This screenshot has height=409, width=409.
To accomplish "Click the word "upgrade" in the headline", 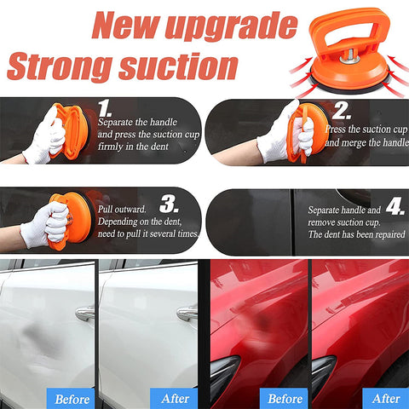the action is pyautogui.click(x=231, y=27).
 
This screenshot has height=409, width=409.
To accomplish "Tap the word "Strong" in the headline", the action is pyautogui.click(x=60, y=67).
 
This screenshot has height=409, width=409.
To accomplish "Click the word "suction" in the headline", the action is pyautogui.click(x=178, y=66).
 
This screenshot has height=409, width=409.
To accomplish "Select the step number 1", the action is pyautogui.click(x=105, y=108).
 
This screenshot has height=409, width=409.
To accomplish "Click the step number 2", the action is pyautogui.click(x=341, y=111).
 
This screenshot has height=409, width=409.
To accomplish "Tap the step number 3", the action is pyautogui.click(x=169, y=204).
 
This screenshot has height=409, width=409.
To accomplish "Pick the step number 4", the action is pyautogui.click(x=395, y=205).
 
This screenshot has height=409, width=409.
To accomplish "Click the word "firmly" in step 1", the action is pyautogui.click(x=111, y=147).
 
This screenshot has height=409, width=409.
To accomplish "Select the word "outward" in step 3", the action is pyautogui.click(x=132, y=210).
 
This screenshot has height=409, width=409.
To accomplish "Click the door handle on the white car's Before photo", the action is pyautogui.click(x=85, y=314).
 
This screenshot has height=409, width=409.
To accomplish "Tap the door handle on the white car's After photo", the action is pyautogui.click(x=187, y=313).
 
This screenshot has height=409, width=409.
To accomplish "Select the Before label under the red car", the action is pyautogui.click(x=284, y=399).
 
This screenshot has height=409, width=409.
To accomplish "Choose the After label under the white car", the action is pyautogui.click(x=175, y=399).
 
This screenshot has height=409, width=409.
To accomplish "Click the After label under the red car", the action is pyautogui.click(x=386, y=399).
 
